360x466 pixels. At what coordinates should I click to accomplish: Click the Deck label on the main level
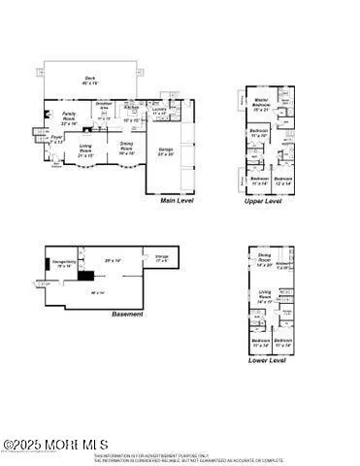(89, 79)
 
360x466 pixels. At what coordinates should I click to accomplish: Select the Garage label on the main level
(166, 150)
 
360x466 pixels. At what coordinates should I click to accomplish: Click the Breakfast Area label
(105, 104)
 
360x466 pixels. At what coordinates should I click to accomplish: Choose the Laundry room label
(159, 111)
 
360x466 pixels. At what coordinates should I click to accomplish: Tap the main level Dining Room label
(126, 147)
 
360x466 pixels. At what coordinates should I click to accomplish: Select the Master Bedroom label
(260, 107)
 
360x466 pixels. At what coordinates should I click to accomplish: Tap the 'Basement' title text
(127, 315)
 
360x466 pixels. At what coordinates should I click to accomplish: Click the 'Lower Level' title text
(266, 360)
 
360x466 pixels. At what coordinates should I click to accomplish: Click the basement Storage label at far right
(161, 257)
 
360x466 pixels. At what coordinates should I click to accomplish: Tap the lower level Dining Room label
(264, 258)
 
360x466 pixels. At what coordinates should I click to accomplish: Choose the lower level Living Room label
(264, 295)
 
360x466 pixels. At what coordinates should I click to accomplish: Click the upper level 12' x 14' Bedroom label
(282, 181)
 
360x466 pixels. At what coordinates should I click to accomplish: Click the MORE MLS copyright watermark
(44, 445)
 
